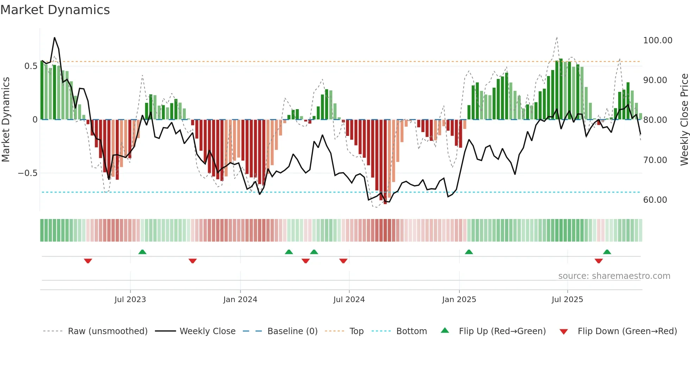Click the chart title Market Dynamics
55,10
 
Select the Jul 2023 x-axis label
130,300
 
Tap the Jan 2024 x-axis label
240,300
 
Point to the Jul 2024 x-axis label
349,300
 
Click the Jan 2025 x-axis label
459,300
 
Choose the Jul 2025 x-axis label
567,300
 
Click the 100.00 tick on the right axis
658,40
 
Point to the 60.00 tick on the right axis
655,200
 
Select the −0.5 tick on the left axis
27,173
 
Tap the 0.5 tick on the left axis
31,66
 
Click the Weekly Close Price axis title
684,120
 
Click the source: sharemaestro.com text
614,276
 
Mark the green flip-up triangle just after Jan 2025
469,252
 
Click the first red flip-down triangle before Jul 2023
88,261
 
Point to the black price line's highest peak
55,38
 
